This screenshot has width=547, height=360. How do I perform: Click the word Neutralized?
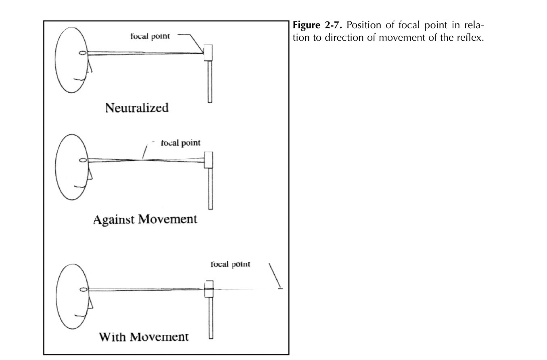[137, 108]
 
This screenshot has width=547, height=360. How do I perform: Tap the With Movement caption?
[144, 336]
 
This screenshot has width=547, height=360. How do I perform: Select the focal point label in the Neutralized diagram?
[150, 36]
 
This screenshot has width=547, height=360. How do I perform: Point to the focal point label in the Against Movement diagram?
[181, 143]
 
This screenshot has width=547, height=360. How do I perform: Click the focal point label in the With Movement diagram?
[230, 264]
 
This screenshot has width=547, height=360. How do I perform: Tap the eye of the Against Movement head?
[83, 160]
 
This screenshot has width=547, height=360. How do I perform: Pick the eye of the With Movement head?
[84, 289]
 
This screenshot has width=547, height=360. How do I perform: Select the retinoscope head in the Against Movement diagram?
[209, 160]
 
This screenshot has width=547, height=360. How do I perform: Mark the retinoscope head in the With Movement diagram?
[209, 289]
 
